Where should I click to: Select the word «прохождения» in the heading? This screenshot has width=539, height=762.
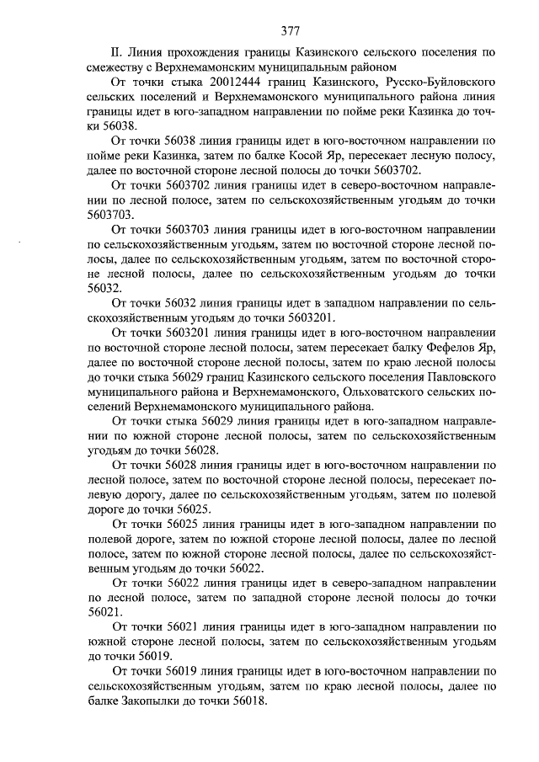click(x=204, y=52)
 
